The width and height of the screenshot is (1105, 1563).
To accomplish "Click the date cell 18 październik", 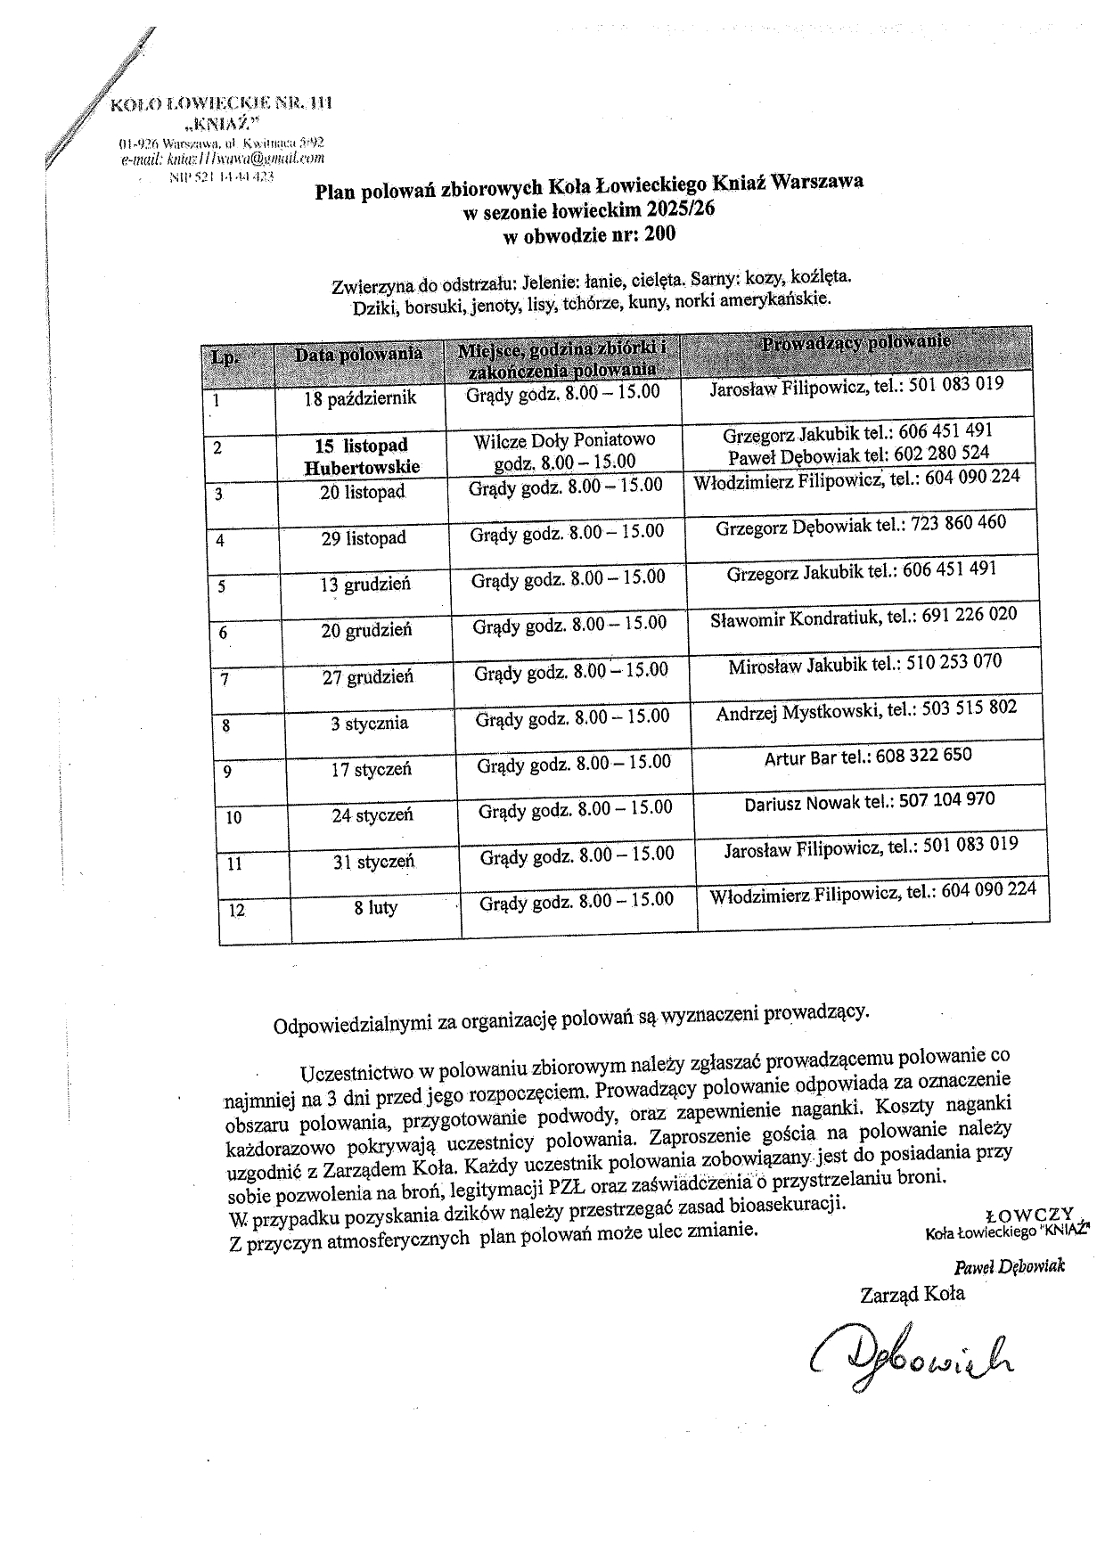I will (x=360, y=398).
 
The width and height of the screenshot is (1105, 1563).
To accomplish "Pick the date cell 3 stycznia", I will (x=370, y=724).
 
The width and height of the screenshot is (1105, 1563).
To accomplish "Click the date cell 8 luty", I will (x=376, y=908).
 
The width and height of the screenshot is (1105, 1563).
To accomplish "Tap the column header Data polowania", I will (x=359, y=354).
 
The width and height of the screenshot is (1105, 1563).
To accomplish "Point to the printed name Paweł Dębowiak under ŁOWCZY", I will (x=1009, y=1266).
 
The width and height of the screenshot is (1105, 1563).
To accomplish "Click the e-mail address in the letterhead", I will (x=223, y=159).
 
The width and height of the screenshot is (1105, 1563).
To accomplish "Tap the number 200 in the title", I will (x=659, y=235).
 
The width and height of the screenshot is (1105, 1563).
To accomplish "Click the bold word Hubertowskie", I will (x=362, y=467).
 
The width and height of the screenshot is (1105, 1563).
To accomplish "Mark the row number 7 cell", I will (x=225, y=679).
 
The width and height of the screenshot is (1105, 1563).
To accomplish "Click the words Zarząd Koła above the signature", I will (x=912, y=1293).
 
